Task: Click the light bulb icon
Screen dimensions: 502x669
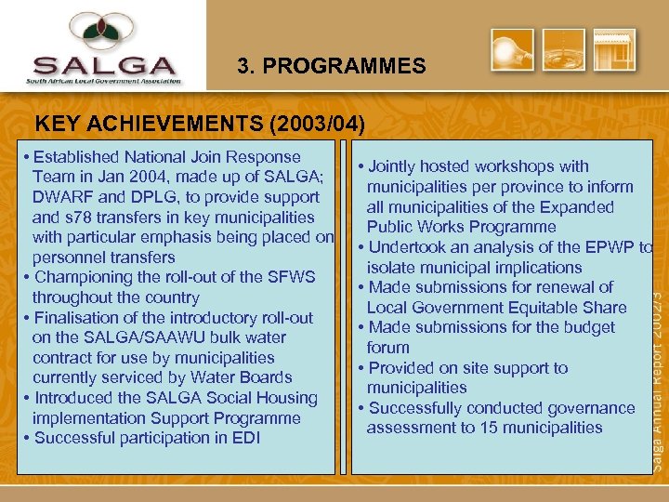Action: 512,50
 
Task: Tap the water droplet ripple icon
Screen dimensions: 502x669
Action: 564,50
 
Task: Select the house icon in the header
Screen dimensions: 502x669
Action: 614,50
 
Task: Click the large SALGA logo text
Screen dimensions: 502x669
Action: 103,68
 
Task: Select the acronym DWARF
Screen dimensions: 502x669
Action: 61,197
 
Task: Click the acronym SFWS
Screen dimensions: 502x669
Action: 291,277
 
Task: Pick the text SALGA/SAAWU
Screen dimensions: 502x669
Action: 122,337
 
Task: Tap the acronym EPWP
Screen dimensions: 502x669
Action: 599,247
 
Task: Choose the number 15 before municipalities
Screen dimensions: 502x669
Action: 490,428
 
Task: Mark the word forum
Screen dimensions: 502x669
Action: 387,348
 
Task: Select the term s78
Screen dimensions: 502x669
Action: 76,218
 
